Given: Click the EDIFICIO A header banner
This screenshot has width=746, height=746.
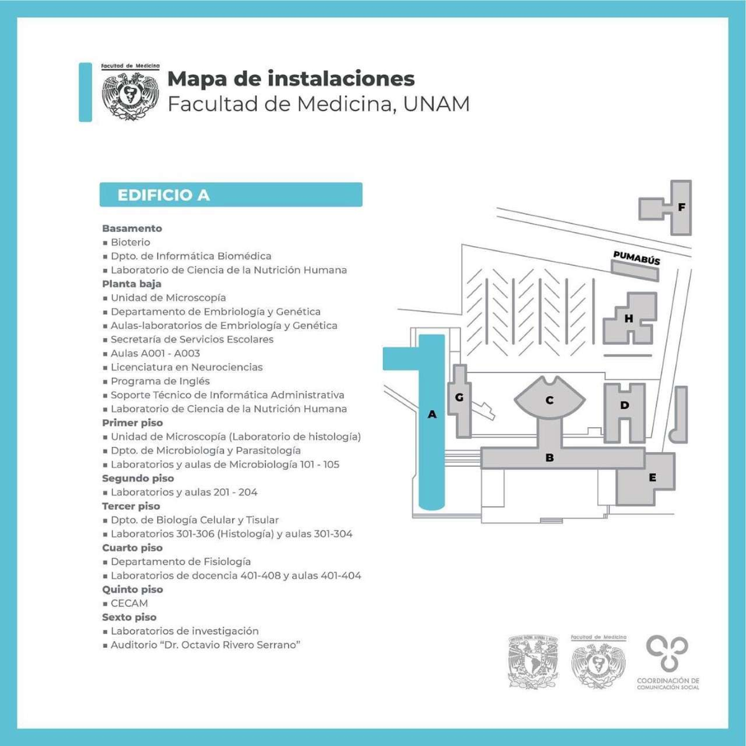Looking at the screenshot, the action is [x=231, y=195].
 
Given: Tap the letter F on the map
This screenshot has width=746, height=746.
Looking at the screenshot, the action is [x=681, y=207].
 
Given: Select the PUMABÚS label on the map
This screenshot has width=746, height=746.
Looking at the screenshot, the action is [x=637, y=257].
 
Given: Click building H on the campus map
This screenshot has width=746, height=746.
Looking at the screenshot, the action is [x=629, y=318].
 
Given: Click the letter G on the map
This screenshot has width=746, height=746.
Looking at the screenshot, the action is [x=459, y=397].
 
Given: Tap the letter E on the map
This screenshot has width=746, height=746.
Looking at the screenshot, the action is [x=652, y=477].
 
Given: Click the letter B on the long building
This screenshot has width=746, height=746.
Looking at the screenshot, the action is [x=550, y=458].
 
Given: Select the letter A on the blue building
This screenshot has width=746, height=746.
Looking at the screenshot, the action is [x=432, y=414].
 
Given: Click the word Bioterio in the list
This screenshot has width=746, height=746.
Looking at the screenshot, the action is [x=131, y=242].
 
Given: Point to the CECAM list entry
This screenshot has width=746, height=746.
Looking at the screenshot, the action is [x=129, y=603].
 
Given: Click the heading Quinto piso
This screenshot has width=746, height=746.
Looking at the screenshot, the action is [x=132, y=589].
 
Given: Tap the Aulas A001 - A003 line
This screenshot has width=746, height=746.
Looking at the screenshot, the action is [x=155, y=353].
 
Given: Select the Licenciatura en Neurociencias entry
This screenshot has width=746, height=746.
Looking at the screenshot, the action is [x=186, y=367].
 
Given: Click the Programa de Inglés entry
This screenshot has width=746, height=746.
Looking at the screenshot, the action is [x=160, y=381].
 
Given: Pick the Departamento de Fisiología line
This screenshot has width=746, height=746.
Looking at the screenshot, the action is [x=181, y=561].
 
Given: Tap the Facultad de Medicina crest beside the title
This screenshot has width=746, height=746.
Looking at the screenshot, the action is [x=131, y=92].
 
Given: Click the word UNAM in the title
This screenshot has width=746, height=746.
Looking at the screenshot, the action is [x=436, y=104].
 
